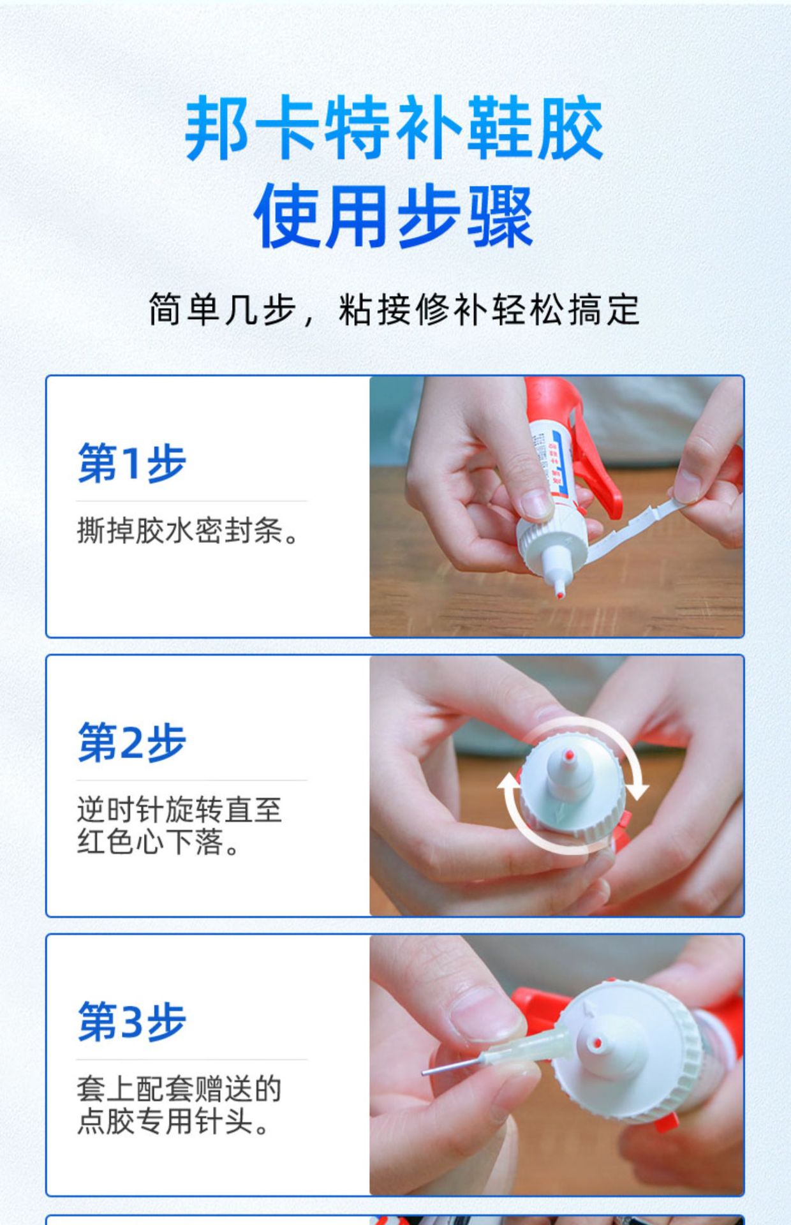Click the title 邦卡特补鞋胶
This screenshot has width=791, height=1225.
(x=394, y=128)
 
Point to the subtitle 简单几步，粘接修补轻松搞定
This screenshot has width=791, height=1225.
(x=394, y=311)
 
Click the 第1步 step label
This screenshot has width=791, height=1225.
(x=132, y=463)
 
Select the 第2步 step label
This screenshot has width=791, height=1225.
(x=132, y=743)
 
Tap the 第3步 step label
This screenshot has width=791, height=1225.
(x=132, y=1021)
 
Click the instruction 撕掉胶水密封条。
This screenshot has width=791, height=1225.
(x=188, y=531)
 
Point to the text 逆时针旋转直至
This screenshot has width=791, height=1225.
(x=179, y=810)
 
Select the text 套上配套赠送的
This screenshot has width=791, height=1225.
(x=179, y=1089)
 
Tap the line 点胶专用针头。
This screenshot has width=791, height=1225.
(x=174, y=1122)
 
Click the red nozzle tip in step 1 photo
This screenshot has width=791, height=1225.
(x=560, y=595)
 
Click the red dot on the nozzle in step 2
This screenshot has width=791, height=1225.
(x=569, y=756)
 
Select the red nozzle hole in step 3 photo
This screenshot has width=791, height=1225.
(x=597, y=1044)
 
